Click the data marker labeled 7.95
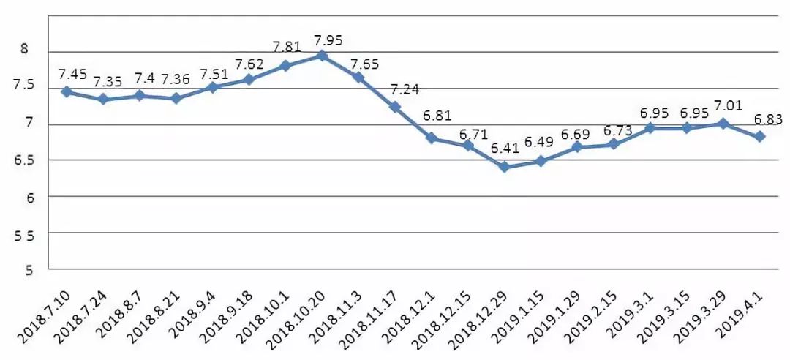click(322, 56)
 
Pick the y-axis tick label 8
click(23, 49)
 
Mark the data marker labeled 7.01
click(723, 124)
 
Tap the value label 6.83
click(767, 118)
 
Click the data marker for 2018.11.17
click(395, 108)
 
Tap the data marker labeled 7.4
click(139, 95)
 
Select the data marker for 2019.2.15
click(613, 144)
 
